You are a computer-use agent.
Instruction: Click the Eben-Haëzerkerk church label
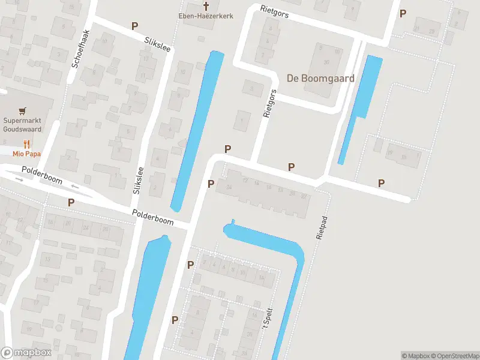tap(206, 16)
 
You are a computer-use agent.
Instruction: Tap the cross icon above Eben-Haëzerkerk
tap(206, 6)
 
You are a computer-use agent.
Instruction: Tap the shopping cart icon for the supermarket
tap(23, 111)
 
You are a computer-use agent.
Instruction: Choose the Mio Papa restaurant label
tap(25, 153)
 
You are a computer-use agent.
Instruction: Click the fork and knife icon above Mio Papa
tap(26, 144)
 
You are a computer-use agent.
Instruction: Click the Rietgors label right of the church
tap(275, 11)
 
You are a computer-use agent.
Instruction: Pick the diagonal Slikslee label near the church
tap(158, 44)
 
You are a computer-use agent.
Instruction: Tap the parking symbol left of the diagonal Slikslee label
tap(135, 26)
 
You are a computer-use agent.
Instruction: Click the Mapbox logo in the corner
tap(26, 353)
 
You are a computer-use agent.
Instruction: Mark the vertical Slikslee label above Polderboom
tap(137, 180)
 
